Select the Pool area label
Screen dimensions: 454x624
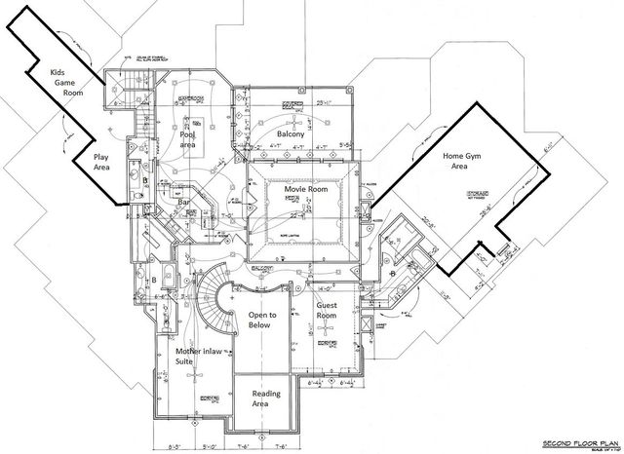pyautogui.click(x=188, y=135)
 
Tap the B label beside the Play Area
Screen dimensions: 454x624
pyautogui.click(x=142, y=182)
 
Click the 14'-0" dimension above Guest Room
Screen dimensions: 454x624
pyautogui.click(x=324, y=287)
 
